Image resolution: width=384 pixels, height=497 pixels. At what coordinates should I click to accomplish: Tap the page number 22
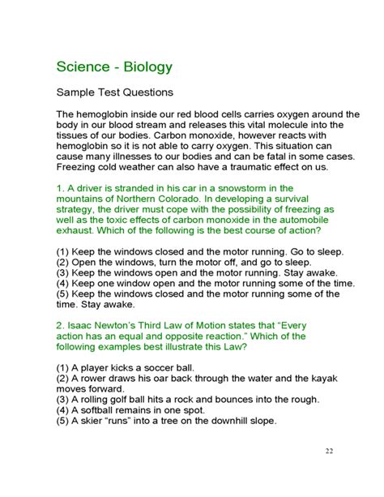329,452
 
